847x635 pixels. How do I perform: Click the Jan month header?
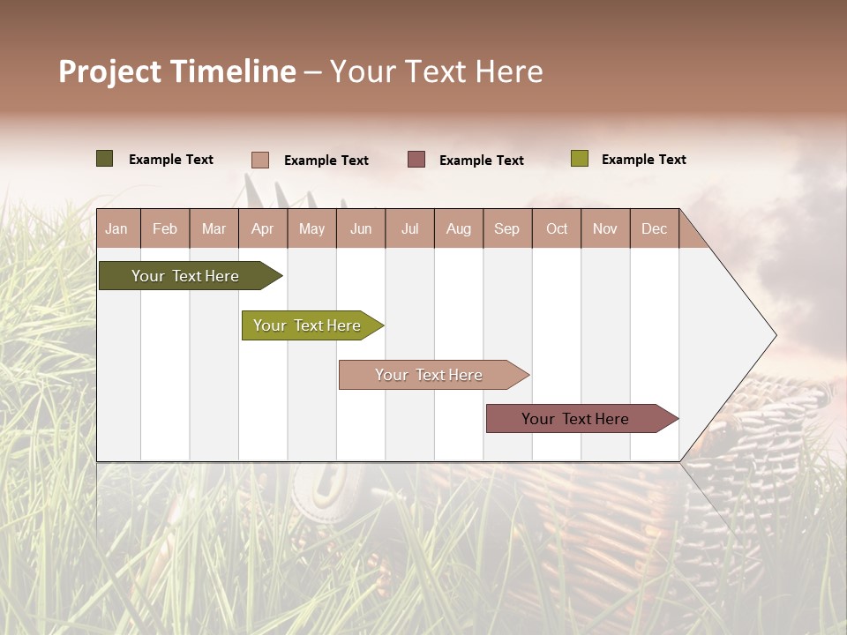[x=117, y=228]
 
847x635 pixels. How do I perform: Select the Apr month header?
[x=263, y=228]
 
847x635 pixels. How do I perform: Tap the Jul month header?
[x=409, y=228]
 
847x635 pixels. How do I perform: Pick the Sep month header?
[x=507, y=228]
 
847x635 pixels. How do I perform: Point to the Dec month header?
[x=654, y=228]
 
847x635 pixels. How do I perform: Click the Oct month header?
[x=557, y=228]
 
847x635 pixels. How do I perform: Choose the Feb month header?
[x=165, y=228]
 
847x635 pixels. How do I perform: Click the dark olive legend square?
[x=104, y=159]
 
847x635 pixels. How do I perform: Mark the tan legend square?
[x=259, y=160]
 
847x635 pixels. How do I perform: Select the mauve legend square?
[x=416, y=159]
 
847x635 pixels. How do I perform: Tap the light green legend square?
[x=579, y=159]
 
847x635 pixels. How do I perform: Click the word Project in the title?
[x=109, y=72]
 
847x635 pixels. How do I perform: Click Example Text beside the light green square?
[x=643, y=160]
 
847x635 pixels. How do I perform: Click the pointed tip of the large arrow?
[x=774, y=335]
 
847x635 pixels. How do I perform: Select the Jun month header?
[x=361, y=228]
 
